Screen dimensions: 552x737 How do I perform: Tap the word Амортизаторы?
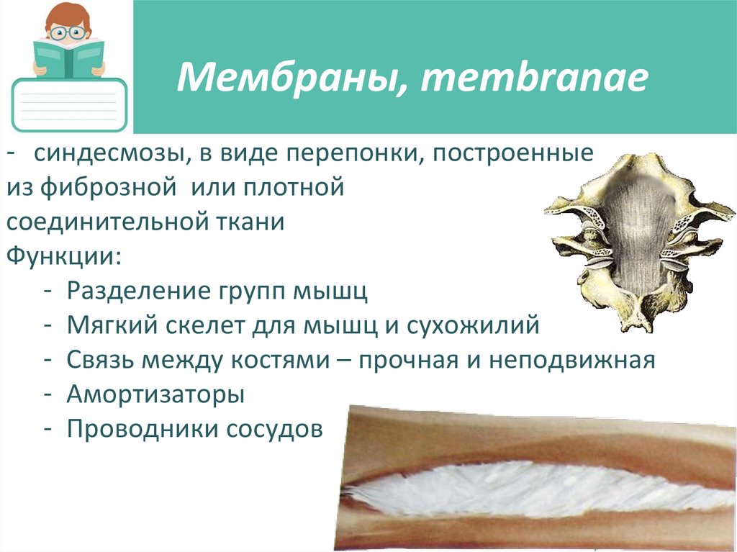click(156, 394)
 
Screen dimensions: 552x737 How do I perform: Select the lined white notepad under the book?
click(70, 104)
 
